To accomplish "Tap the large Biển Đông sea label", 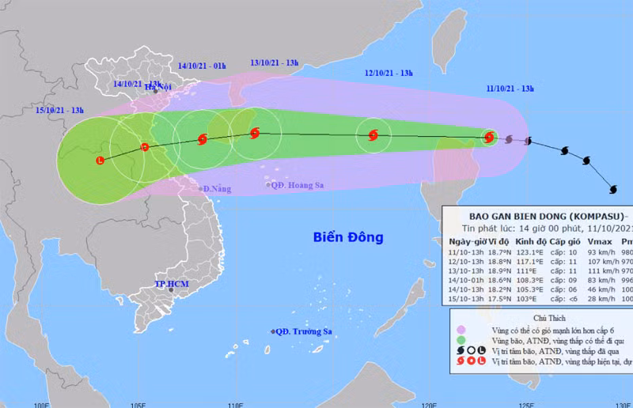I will point(348,236).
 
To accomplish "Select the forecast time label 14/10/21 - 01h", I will point(203,66).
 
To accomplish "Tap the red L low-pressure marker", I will point(100,161).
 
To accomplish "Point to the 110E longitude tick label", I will point(234,403).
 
